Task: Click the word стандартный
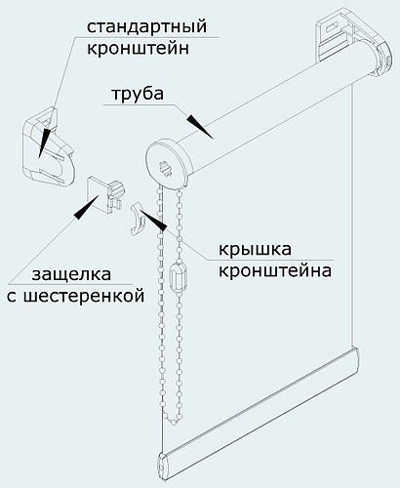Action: (x=146, y=26)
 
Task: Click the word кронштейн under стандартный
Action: (x=138, y=49)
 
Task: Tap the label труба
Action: (x=138, y=94)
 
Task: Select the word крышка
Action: (x=255, y=250)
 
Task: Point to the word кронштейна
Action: (x=275, y=270)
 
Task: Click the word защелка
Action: (x=71, y=274)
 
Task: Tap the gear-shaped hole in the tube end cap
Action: (x=166, y=169)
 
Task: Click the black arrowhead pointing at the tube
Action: (x=200, y=127)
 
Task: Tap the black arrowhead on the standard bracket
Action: (x=45, y=142)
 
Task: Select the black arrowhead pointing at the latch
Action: (x=87, y=208)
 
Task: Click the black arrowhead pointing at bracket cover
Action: (x=153, y=220)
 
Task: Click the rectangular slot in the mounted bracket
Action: (x=333, y=28)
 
